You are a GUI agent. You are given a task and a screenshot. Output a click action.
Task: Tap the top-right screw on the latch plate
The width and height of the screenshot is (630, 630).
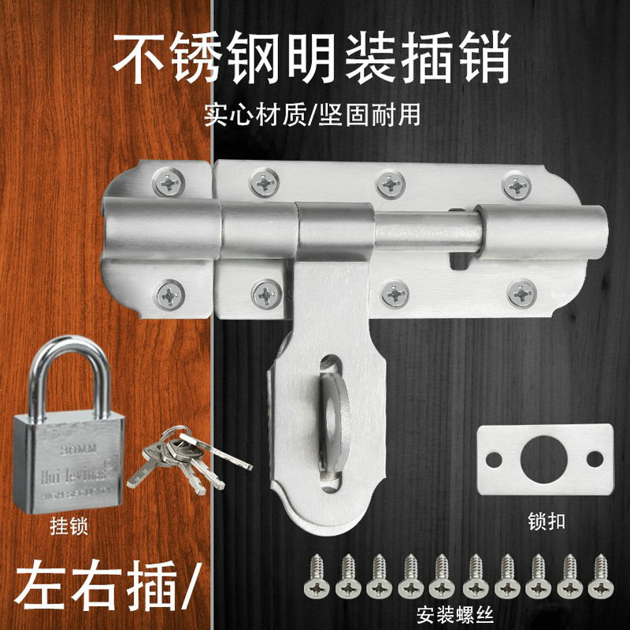pyautogui.click(x=516, y=185)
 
